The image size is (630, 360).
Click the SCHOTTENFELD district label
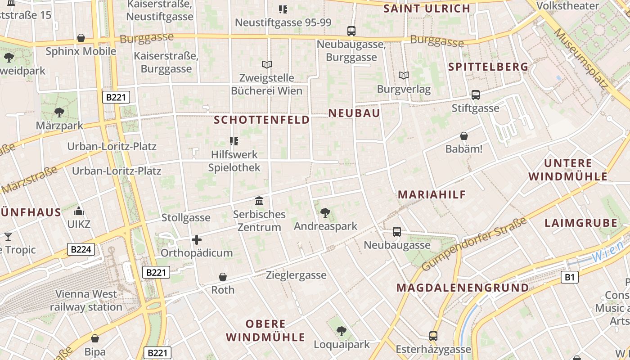(x=262, y=120)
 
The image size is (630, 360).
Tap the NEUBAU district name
(x=354, y=113)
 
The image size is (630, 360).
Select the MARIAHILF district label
(x=432, y=194)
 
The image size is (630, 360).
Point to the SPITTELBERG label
(x=488, y=67)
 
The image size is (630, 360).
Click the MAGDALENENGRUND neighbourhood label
(x=463, y=288)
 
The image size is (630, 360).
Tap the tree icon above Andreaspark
(x=325, y=212)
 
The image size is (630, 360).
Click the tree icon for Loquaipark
(x=342, y=331)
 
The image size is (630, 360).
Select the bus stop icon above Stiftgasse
(x=476, y=95)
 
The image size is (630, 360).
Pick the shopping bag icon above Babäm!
(x=463, y=136)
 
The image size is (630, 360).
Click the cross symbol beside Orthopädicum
(x=197, y=240)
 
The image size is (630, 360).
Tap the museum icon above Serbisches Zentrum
(x=259, y=201)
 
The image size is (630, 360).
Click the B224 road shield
(x=81, y=249)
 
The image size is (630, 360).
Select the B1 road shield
(x=569, y=277)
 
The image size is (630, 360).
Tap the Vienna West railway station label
(x=86, y=301)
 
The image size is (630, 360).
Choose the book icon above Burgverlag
(x=404, y=76)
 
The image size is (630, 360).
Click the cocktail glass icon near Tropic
(x=8, y=236)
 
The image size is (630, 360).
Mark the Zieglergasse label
(x=296, y=275)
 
